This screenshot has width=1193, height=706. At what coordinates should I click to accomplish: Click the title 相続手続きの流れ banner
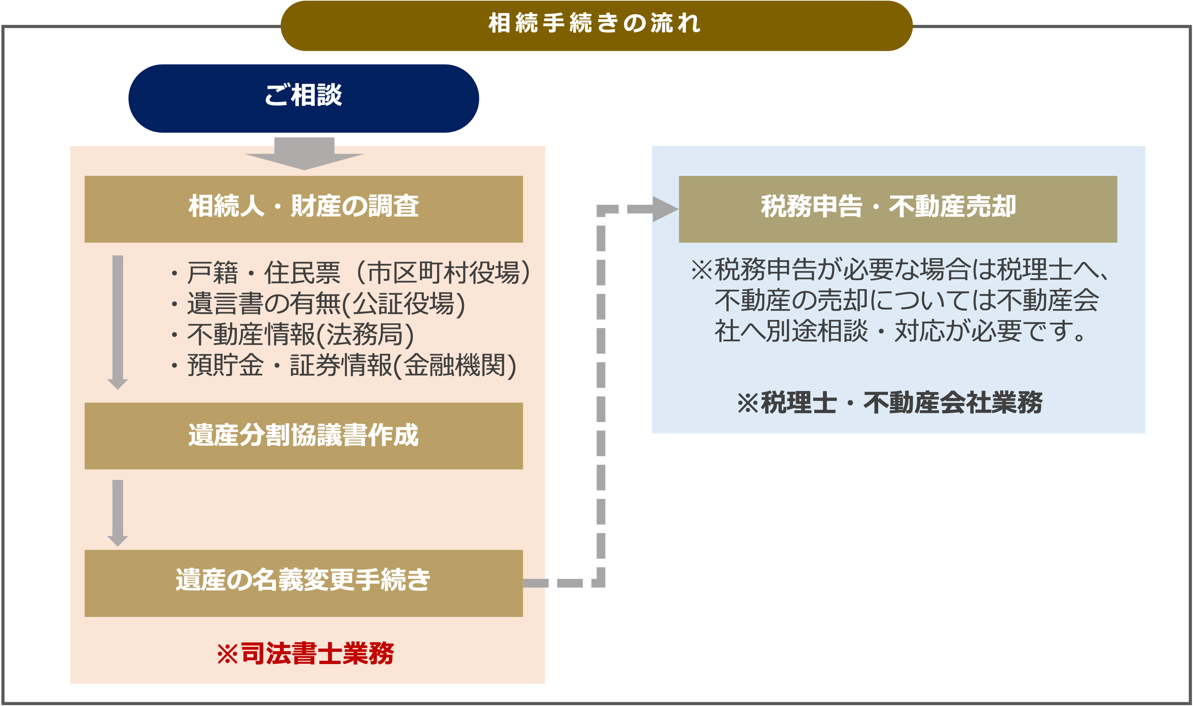click(x=596, y=26)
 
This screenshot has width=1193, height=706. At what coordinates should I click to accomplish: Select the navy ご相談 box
click(x=304, y=98)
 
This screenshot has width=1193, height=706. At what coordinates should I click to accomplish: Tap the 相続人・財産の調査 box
click(x=304, y=209)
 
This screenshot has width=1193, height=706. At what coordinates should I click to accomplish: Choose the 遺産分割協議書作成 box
click(x=304, y=436)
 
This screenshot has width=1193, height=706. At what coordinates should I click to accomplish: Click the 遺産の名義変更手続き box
click(x=304, y=583)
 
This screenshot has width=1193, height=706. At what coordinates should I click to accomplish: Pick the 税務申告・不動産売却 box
click(x=898, y=209)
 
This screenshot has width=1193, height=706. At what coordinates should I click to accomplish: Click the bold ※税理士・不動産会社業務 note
click(x=890, y=403)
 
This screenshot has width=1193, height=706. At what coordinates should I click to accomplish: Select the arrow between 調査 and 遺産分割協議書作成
click(x=117, y=322)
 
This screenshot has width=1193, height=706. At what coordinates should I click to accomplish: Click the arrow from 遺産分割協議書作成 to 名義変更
click(x=117, y=513)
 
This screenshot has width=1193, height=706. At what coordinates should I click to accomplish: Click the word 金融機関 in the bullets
click(x=455, y=365)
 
